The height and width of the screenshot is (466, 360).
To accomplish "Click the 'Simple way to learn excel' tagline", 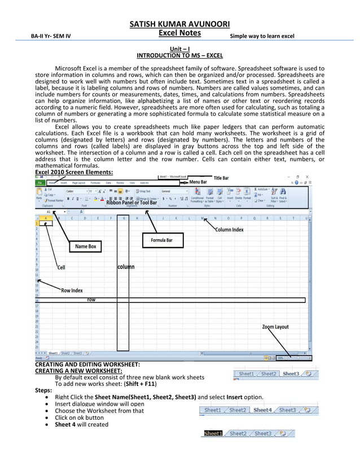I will click(262, 37).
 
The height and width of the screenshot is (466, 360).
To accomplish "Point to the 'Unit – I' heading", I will click(179, 50).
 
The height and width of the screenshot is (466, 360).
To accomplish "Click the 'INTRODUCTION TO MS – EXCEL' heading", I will click(179, 56).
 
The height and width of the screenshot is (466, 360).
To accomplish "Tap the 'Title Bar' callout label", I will click(221, 178).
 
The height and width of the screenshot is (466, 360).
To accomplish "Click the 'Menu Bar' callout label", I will click(198, 183).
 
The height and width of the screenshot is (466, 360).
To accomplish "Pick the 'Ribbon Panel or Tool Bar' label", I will click(131, 203).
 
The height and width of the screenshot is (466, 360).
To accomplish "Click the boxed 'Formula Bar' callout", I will click(161, 240).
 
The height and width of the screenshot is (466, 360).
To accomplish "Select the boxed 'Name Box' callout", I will click(86, 247).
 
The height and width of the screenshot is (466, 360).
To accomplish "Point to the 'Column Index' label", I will click(229, 230).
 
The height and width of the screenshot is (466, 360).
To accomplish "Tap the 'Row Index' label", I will click(72, 291).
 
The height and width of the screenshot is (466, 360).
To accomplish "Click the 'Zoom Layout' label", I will click(275, 327).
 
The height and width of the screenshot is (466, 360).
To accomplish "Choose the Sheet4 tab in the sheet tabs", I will click(262, 410).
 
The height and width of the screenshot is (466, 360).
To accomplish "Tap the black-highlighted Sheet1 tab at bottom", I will click(213, 433).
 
